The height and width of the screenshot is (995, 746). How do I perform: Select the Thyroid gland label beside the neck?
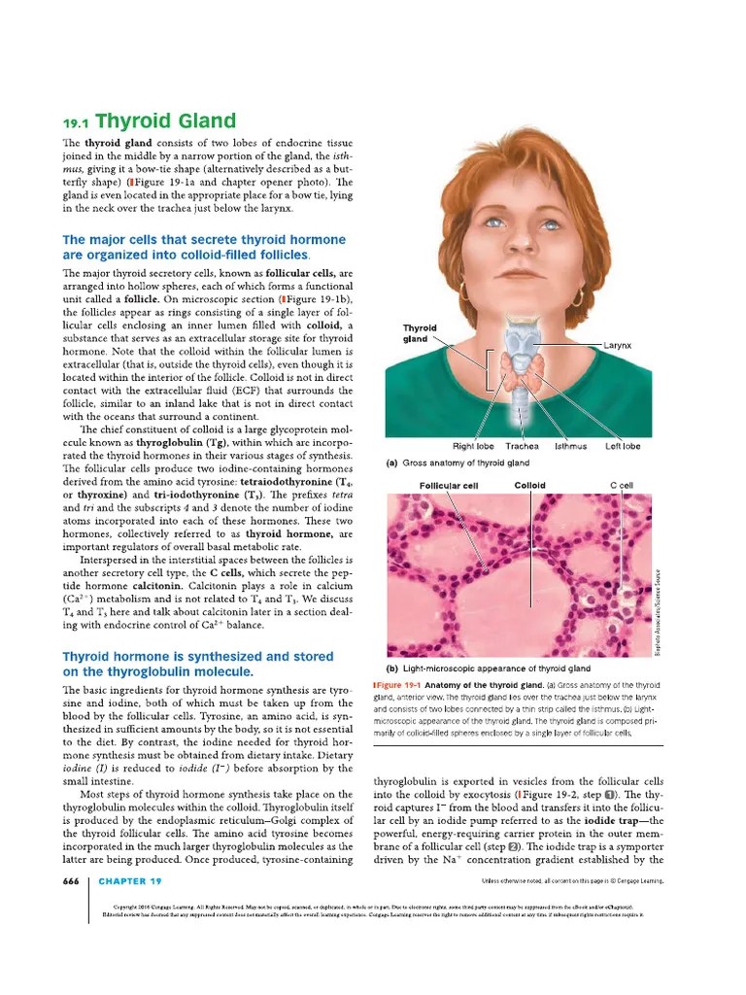(420, 333)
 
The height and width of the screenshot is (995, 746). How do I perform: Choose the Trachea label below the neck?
(522, 446)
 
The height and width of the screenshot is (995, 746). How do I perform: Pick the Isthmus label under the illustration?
(570, 446)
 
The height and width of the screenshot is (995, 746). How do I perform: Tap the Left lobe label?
(623, 446)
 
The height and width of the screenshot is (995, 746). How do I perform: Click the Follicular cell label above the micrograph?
(448, 486)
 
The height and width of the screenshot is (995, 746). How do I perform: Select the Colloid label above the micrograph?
(529, 485)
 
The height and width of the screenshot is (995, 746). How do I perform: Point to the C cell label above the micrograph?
(621, 485)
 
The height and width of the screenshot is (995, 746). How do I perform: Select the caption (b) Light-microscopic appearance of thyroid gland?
(488, 669)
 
